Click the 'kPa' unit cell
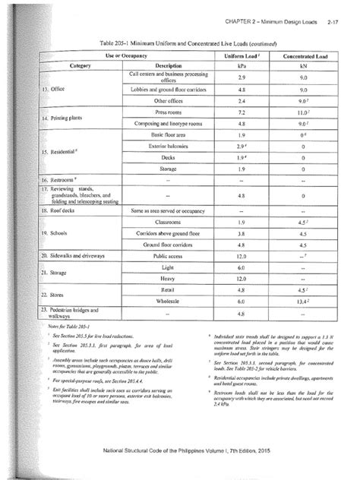tap(241, 66)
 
